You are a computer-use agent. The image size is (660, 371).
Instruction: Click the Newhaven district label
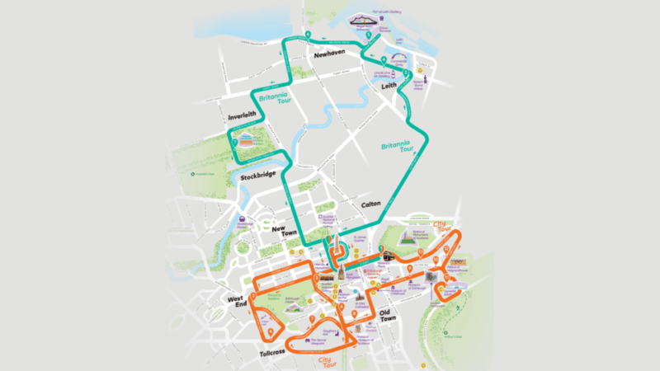(329, 54)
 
